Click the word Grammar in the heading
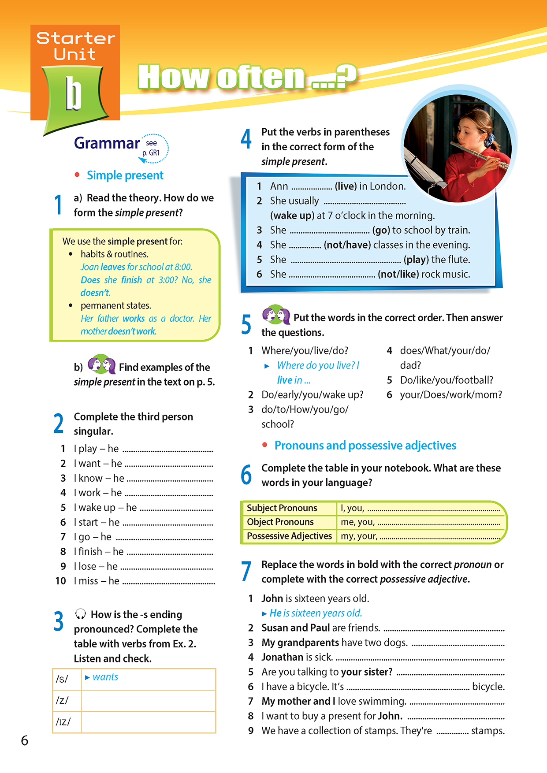(107, 143)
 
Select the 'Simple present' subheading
(125, 175)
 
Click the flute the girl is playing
(480, 156)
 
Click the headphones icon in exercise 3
(80, 614)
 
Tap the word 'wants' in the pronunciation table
(105, 677)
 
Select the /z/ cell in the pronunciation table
(62, 700)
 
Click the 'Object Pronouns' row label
(280, 522)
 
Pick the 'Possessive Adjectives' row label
(289, 536)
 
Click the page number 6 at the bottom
(25, 740)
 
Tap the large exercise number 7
(246, 571)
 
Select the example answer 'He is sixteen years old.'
(316, 613)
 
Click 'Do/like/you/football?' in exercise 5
(447, 380)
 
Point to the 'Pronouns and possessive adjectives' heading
(365, 446)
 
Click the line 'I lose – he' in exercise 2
(96, 566)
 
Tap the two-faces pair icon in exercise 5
(276, 315)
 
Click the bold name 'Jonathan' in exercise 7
(282, 657)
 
